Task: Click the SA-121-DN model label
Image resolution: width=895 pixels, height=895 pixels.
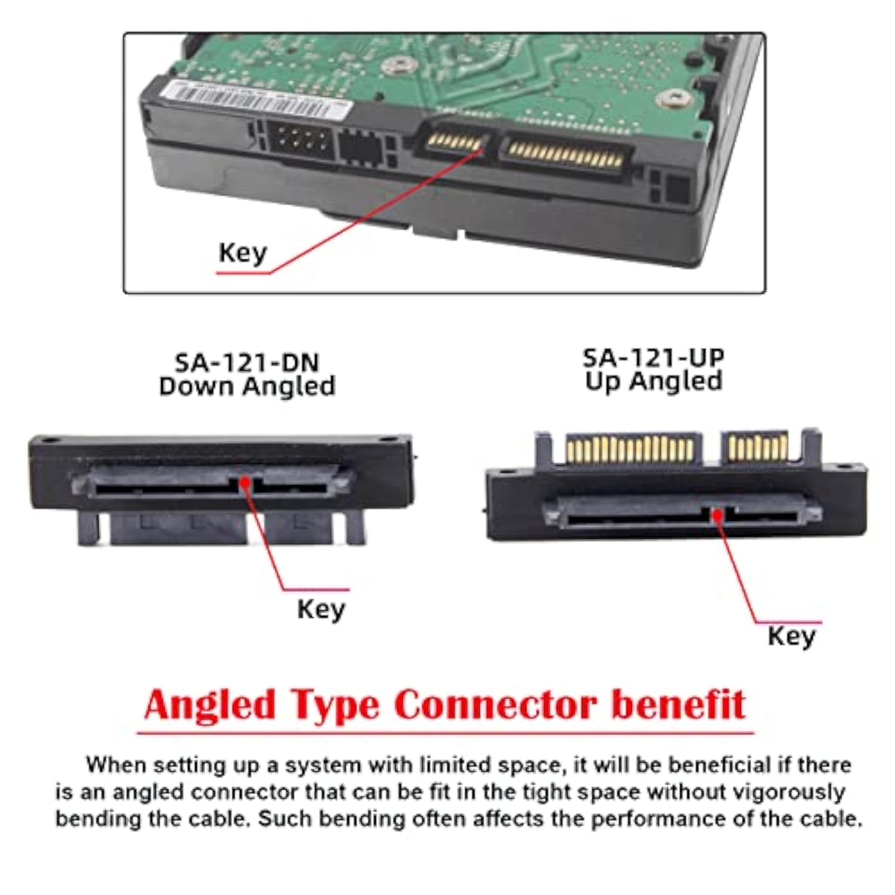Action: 246,362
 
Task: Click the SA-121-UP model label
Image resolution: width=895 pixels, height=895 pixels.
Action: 653,357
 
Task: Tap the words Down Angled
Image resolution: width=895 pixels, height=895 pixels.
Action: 246,386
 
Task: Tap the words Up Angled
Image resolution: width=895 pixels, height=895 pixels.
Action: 653,381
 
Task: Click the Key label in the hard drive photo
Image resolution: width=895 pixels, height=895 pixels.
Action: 242,253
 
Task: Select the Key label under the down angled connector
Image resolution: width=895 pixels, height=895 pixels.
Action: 321,609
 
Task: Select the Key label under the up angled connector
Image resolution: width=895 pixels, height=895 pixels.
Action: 791,636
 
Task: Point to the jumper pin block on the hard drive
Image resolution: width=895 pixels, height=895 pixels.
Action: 298,141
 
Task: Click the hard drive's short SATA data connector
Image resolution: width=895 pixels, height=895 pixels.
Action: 455,142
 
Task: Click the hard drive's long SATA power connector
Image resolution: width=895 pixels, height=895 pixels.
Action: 564,154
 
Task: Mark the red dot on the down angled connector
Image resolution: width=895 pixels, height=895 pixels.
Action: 245,482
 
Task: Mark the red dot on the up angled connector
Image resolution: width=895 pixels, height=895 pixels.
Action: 718,514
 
